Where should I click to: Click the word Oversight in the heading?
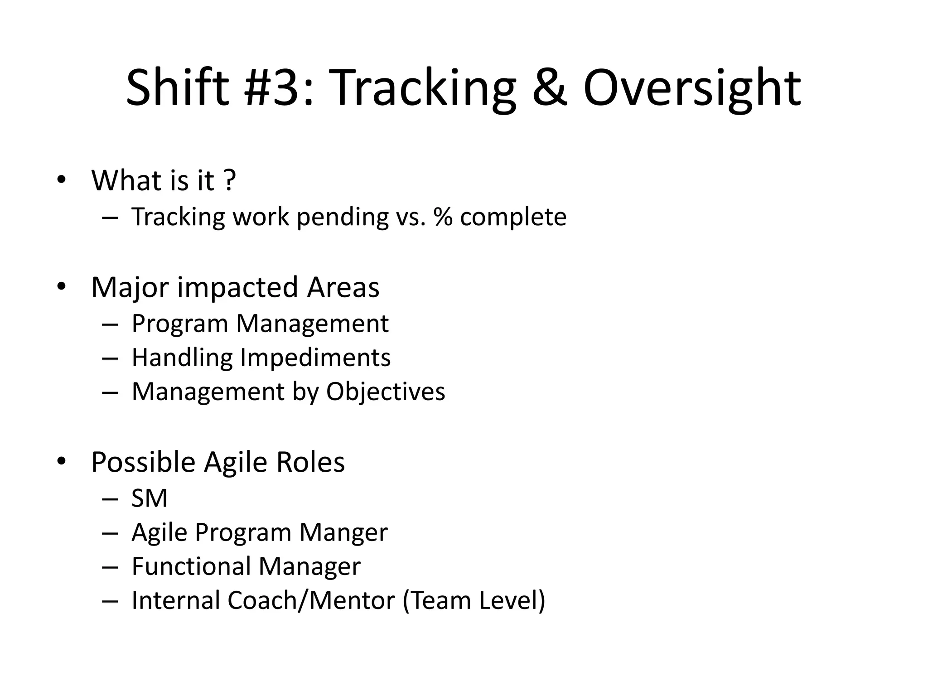coord(692,88)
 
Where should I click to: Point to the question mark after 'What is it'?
coord(230,180)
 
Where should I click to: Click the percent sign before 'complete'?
coord(443,217)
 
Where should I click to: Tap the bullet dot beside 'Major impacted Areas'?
coord(61,286)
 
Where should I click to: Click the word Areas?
coord(343,287)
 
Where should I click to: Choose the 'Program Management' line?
coord(260,324)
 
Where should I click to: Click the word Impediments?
coord(315,358)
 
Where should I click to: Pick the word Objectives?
coord(386,392)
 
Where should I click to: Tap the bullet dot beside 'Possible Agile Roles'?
coord(61,461)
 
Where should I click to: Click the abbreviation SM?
coord(149,498)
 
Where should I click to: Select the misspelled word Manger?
coord(343,533)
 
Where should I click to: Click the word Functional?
coord(190,566)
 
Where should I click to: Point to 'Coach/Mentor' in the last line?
coord(311,600)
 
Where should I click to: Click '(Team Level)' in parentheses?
coord(474,600)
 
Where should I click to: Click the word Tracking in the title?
coord(424,88)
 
